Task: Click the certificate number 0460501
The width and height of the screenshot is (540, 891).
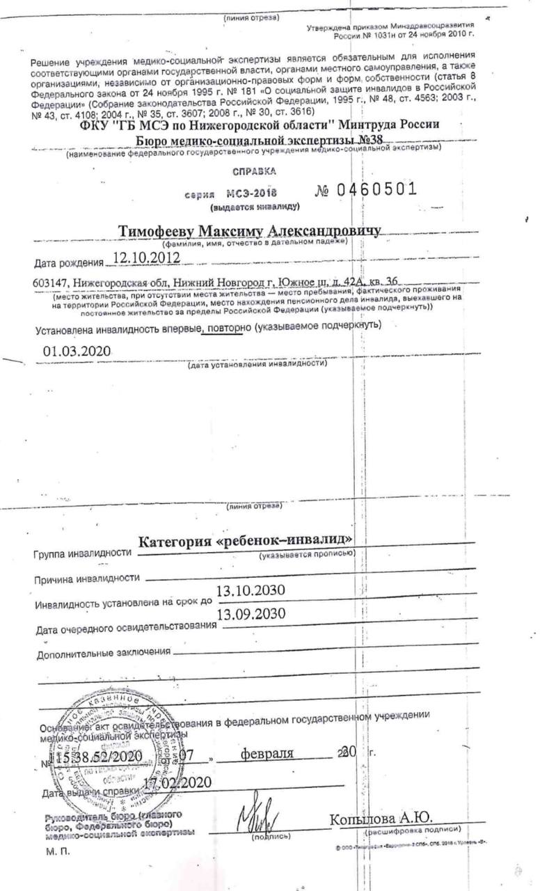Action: coord(376,189)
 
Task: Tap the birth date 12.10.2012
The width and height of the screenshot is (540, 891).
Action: coord(147,258)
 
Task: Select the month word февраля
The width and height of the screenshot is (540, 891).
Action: coord(267,753)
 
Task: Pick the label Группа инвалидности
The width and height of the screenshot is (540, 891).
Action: coord(82,553)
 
